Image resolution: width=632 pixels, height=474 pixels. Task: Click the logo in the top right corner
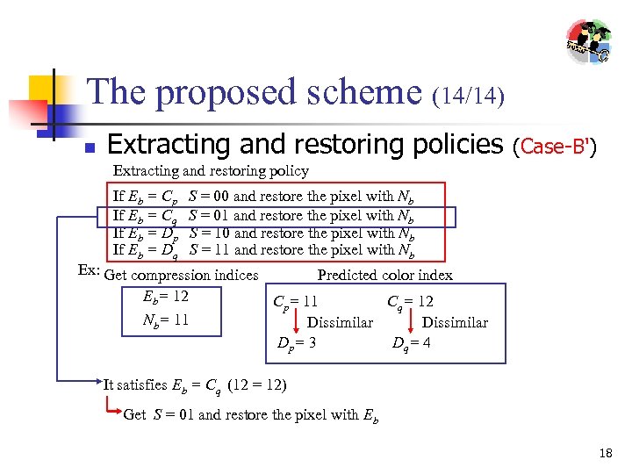588,41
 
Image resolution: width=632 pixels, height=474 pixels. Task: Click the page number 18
605,454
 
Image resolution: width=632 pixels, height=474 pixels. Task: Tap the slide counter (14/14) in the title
469,95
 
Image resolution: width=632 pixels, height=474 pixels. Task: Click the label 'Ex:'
90,270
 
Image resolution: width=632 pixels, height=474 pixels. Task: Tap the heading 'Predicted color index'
384,276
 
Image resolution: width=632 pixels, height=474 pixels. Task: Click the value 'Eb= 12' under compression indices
165,297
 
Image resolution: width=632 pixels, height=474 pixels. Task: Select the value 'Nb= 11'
165,320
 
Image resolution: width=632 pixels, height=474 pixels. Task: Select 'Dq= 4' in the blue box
411,343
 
